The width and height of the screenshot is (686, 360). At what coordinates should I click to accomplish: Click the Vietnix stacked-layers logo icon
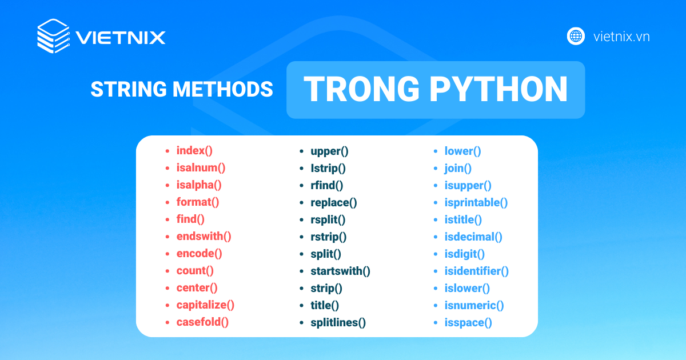(x=53, y=36)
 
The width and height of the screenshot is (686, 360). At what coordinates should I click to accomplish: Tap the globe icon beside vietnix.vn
(x=576, y=37)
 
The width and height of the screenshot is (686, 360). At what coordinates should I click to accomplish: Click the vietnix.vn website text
(x=621, y=37)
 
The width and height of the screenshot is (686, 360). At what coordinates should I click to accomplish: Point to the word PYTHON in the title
(x=498, y=89)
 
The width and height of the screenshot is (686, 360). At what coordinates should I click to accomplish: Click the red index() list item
(x=194, y=151)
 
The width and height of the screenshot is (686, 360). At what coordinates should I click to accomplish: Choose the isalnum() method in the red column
(x=201, y=168)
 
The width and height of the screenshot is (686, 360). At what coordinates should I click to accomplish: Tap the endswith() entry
(x=204, y=237)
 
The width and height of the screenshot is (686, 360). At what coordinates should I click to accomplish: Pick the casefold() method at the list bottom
(x=202, y=322)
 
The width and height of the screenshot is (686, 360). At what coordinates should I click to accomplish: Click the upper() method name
(x=329, y=151)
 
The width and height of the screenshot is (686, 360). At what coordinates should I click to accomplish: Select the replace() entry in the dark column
(x=334, y=203)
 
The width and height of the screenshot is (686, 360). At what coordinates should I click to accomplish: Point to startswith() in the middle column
(x=340, y=271)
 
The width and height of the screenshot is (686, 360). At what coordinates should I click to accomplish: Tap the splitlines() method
(x=338, y=323)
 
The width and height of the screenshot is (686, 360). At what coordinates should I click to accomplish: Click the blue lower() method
(x=462, y=151)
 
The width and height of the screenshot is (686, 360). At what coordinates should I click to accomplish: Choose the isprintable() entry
(x=476, y=203)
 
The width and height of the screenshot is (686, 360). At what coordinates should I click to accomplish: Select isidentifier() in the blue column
(x=477, y=271)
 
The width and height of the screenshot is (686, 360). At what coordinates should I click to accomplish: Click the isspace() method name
(x=468, y=323)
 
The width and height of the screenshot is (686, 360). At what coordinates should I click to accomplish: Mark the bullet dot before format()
(x=167, y=202)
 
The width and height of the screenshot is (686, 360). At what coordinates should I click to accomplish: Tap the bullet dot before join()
(x=436, y=169)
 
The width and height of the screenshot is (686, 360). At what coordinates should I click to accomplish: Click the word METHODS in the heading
(x=222, y=89)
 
